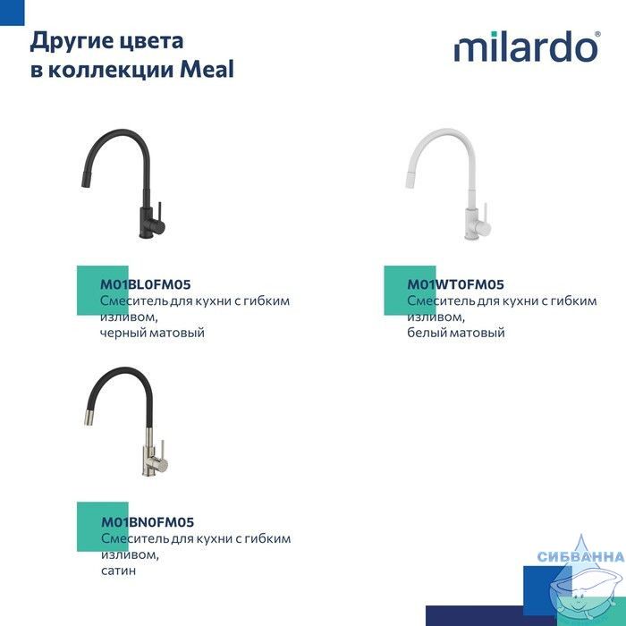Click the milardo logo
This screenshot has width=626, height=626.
click(527, 47)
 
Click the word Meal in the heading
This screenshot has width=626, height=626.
click(207, 69)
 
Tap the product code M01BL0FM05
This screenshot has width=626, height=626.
click(145, 284)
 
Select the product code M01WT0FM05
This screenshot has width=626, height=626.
click(455, 284)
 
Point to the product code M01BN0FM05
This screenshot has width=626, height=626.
click(148, 521)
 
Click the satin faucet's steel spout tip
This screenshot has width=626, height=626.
click(89, 418)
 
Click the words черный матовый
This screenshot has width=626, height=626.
click(152, 333)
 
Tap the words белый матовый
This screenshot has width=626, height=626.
click(456, 333)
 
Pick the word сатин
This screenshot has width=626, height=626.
click(119, 571)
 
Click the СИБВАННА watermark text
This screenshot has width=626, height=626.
click(581, 556)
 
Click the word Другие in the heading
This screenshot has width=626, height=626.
click(63, 42)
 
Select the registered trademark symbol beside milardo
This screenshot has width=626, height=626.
click(597, 34)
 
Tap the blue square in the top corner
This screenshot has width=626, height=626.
click(12, 13)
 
